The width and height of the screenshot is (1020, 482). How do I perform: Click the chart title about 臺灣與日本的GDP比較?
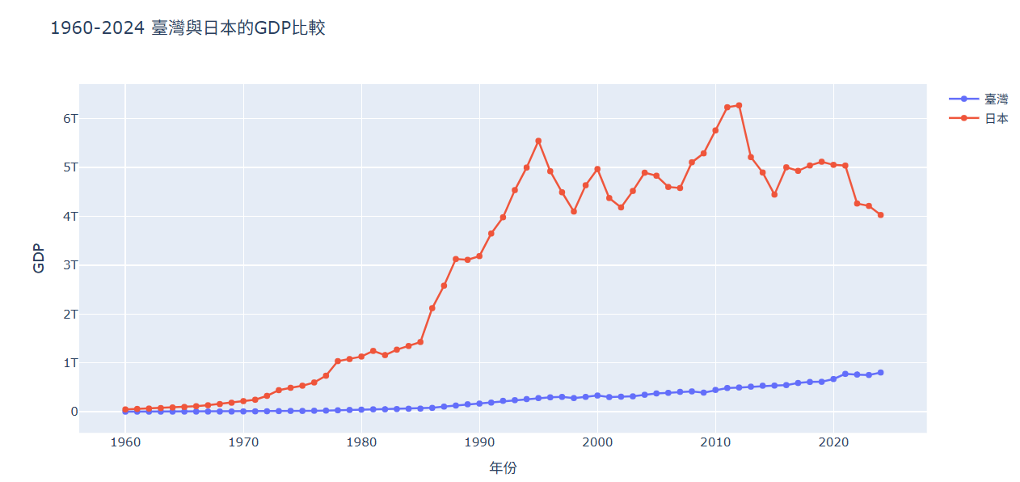click(188, 28)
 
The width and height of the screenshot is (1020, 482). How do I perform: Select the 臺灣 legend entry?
click(996, 99)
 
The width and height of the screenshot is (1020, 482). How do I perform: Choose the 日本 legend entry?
click(996, 119)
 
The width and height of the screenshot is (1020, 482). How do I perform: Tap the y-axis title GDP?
click(38, 257)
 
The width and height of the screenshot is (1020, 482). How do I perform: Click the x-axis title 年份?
click(503, 467)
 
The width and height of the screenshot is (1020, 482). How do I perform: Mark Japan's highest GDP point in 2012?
click(739, 105)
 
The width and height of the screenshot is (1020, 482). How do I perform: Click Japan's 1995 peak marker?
click(538, 141)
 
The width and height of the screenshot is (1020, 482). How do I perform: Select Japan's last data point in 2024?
click(880, 215)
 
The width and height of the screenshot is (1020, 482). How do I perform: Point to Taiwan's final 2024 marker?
click(880, 372)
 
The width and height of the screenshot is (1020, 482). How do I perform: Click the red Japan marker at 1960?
click(125, 409)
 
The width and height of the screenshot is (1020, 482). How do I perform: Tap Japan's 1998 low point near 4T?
click(574, 211)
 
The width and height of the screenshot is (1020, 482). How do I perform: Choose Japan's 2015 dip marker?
click(774, 194)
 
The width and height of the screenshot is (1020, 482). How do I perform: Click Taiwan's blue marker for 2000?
click(597, 395)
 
